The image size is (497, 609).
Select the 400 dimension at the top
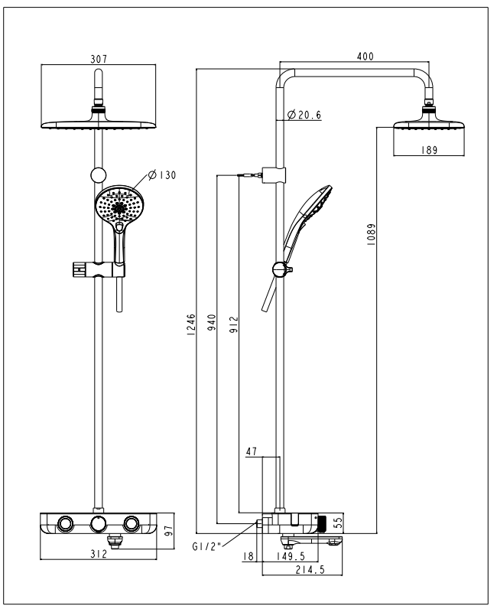pos(365,57)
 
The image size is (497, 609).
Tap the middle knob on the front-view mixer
pos(98,524)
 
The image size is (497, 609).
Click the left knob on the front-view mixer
pos(65,524)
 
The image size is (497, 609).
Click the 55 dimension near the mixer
pos(339,522)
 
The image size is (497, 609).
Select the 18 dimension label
pos(247,557)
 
